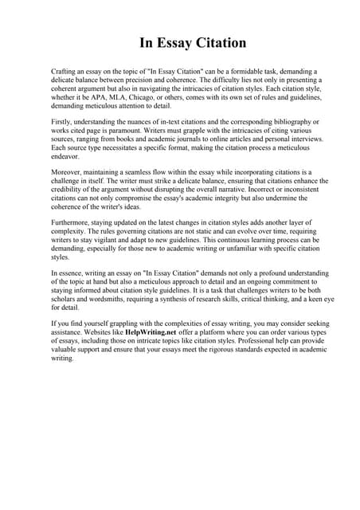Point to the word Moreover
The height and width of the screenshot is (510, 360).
[x=68, y=172]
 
